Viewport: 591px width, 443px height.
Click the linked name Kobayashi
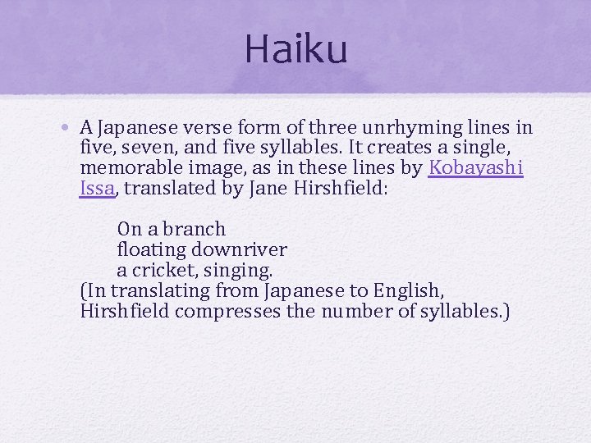477,168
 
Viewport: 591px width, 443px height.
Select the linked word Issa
98,189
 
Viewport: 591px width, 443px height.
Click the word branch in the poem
195,229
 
